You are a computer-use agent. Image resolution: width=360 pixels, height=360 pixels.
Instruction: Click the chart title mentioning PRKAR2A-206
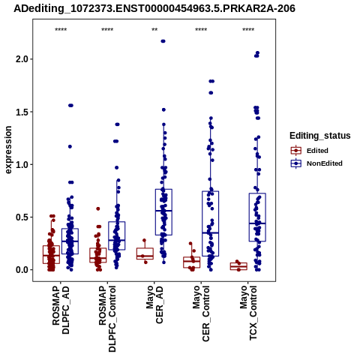tap(154, 8)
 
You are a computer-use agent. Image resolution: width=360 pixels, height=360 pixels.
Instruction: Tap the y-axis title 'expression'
tap(8, 150)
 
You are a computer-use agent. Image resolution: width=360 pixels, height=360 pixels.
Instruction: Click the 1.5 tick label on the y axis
tap(21, 112)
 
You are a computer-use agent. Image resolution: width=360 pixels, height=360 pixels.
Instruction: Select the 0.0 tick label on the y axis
tap(21, 270)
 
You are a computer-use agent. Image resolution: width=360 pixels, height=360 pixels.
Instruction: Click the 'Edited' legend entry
tap(317, 151)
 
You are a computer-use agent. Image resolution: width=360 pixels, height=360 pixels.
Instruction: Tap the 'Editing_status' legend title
tap(320, 136)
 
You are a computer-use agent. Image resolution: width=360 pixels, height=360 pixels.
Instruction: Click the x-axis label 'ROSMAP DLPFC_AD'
tap(61, 310)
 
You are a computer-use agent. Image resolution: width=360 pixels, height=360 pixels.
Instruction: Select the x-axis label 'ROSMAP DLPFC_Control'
tap(107, 319)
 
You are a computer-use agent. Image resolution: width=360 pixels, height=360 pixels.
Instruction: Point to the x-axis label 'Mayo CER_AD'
tap(154, 305)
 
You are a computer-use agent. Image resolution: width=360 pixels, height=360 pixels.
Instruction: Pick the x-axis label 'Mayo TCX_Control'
tap(248, 313)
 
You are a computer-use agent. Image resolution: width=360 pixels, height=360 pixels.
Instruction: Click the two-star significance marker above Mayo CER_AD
tap(154, 30)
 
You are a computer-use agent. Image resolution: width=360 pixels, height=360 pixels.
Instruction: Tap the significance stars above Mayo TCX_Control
tap(248, 30)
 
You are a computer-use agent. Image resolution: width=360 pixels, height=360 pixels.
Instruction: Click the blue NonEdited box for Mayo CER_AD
tap(163, 212)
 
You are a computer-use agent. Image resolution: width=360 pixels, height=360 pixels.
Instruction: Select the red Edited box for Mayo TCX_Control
tap(238, 266)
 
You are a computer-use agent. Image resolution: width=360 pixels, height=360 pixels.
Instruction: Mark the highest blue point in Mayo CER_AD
tap(163, 41)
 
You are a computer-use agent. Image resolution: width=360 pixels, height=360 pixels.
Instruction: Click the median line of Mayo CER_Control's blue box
tap(211, 232)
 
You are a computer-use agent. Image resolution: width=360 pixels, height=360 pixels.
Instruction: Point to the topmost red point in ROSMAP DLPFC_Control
tap(98, 208)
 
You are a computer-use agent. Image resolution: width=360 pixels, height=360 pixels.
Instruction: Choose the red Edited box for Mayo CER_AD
tap(145, 253)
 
